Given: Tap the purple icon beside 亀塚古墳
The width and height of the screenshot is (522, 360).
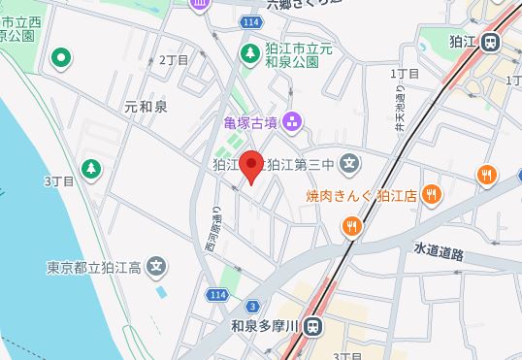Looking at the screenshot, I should [x=292, y=122].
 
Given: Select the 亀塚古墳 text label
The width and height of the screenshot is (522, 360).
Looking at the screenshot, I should [x=251, y=122].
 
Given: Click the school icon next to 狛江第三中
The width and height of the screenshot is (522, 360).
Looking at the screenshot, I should [x=349, y=164].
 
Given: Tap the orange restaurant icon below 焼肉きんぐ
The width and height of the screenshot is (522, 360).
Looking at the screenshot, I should [x=350, y=226].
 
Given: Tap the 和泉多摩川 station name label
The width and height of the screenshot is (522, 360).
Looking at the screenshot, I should [x=269, y=328].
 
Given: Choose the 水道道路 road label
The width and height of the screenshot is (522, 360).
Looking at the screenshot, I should [x=439, y=252].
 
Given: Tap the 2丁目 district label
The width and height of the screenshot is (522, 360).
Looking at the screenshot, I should [x=173, y=60].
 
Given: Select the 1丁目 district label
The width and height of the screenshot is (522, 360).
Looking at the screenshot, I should [x=404, y=73].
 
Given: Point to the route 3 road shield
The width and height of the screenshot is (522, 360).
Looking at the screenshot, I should [x=252, y=306].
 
